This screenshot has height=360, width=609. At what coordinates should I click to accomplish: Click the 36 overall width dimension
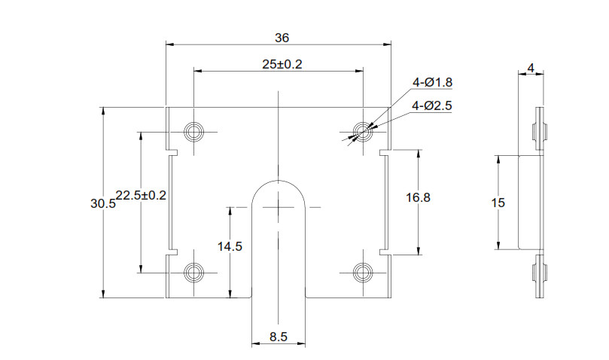(282, 37)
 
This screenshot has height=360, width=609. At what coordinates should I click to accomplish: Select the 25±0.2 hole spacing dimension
(282, 65)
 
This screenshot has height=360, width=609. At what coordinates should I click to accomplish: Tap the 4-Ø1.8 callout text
(431, 83)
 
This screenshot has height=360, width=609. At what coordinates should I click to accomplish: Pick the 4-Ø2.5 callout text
(431, 106)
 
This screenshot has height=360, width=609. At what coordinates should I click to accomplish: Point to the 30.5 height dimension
(102, 203)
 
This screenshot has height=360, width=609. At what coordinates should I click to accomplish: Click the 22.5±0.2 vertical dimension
(140, 195)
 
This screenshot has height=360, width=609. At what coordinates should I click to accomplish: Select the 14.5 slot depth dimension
(229, 246)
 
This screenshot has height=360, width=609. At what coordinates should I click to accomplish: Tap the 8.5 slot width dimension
(278, 337)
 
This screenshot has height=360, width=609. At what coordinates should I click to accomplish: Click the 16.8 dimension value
(418, 197)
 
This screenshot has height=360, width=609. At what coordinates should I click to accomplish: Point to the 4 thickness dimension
(531, 69)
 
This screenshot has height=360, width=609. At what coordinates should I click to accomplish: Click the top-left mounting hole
(195, 133)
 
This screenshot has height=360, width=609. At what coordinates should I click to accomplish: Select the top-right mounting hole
(364, 133)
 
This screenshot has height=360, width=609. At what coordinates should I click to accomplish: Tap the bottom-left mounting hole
(195, 272)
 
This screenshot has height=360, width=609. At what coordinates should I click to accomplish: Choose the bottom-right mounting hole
(364, 272)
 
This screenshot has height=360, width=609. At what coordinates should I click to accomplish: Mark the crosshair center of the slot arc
(279, 206)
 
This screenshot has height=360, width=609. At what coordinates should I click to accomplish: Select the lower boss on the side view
(539, 275)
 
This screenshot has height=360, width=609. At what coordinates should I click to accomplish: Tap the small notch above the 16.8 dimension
(384, 153)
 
